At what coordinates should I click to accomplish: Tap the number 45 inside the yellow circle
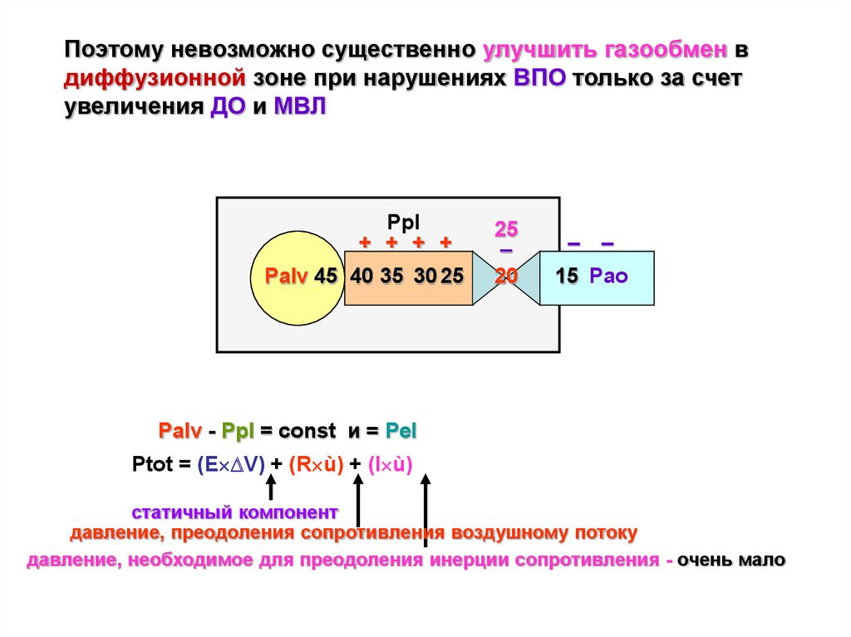click(x=326, y=276)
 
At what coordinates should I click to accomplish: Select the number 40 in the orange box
click(x=362, y=276)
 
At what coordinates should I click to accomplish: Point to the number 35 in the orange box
click(x=392, y=276)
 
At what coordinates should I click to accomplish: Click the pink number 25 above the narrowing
click(x=506, y=229)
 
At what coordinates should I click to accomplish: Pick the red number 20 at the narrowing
click(x=506, y=277)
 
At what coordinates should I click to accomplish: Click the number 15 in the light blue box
click(x=567, y=276)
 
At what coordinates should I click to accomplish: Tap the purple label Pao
click(x=608, y=276)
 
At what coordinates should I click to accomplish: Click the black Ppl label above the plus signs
click(x=403, y=223)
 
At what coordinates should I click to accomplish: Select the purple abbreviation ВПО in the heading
click(x=539, y=77)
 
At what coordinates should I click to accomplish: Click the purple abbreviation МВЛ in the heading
click(x=299, y=105)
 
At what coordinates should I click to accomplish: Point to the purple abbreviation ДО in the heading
click(x=228, y=106)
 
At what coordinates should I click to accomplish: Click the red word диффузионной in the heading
click(x=155, y=78)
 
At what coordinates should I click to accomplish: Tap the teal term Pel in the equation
click(x=401, y=431)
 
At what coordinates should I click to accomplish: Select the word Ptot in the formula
click(x=153, y=464)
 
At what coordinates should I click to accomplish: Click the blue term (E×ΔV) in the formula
click(x=231, y=465)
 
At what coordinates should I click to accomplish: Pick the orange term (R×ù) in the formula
click(x=317, y=465)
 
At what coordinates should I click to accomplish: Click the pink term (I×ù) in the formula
click(x=391, y=465)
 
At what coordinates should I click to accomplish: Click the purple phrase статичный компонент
click(x=234, y=512)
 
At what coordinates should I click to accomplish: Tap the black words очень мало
click(x=731, y=560)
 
